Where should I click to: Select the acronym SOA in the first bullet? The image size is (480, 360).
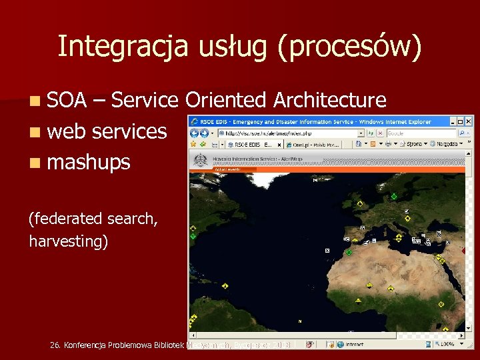coord(67,100)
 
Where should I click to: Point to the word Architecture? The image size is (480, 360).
coord(330,100)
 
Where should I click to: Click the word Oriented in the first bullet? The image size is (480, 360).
coord(226,100)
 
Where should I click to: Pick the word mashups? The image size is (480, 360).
coord(89,162)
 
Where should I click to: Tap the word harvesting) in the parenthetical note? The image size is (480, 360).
coord(68,241)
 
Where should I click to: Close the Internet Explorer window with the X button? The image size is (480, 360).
coord(468,121)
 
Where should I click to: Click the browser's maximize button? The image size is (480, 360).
coord(459,121)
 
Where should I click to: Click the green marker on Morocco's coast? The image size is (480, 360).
coord(348,252)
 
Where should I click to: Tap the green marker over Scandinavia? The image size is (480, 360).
coord(393,196)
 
